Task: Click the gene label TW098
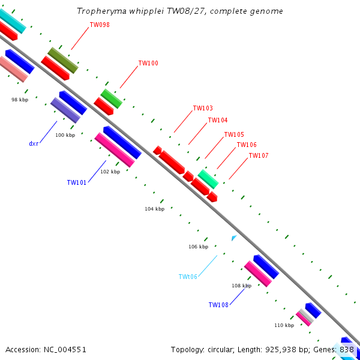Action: tap(99, 25)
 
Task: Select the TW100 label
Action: tap(148, 63)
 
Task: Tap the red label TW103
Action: tap(203, 109)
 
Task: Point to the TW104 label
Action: tap(218, 120)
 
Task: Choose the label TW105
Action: tap(234, 134)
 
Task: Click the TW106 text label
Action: tap(247, 145)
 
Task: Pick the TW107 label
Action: tap(259, 155)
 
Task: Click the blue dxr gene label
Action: tap(34, 143)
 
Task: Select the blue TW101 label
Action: tap(77, 182)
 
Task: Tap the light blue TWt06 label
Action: tap(188, 277)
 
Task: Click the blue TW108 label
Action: tap(218, 305)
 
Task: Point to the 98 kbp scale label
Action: tap(20, 100)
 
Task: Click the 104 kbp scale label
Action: tap(154, 209)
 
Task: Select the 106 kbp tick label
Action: tap(198, 247)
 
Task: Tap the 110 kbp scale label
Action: tap(284, 325)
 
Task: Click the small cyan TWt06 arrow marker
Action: tap(234, 238)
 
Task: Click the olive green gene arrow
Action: tap(63, 60)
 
